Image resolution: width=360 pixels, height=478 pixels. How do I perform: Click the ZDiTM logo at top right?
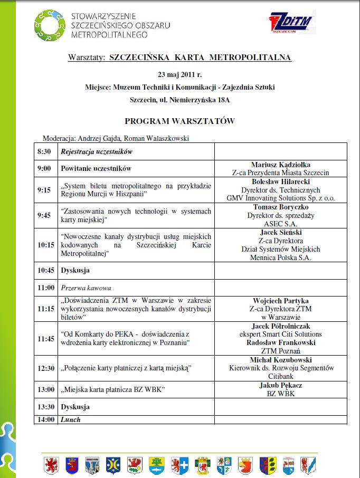pyautogui.click(x=290, y=23)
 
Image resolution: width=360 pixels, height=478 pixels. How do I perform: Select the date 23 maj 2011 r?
pyautogui.click(x=179, y=74)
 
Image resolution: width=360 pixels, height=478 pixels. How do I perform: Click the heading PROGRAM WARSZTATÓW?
pyautogui.click(x=179, y=121)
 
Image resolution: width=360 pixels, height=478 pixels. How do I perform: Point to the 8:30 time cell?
pyautogui.click(x=44, y=152)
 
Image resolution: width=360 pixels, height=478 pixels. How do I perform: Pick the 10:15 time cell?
pyautogui.click(x=46, y=245)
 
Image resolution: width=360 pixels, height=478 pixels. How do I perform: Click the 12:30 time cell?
pyautogui.click(x=46, y=367)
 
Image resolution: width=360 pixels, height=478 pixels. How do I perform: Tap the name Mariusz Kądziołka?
pyautogui.click(x=281, y=165)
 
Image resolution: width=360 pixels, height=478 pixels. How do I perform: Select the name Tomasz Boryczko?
pyautogui.click(x=281, y=207)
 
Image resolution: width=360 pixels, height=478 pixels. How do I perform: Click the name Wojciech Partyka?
pyautogui.click(x=281, y=301)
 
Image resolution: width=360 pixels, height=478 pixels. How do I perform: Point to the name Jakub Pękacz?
pyautogui.click(x=281, y=385)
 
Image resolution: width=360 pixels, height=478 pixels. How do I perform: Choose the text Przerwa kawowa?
pyautogui.click(x=86, y=288)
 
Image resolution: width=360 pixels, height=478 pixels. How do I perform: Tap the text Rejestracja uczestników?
pyautogui.click(x=96, y=152)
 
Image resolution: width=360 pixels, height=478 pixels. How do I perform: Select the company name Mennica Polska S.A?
pyautogui.click(x=281, y=258)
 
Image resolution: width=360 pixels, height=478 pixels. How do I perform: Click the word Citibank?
pyautogui.click(x=281, y=377)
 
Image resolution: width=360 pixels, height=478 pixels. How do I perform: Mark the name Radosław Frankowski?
pyautogui.click(x=281, y=342)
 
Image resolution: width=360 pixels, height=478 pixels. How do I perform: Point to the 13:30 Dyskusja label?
pyautogui.click(x=75, y=407)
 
